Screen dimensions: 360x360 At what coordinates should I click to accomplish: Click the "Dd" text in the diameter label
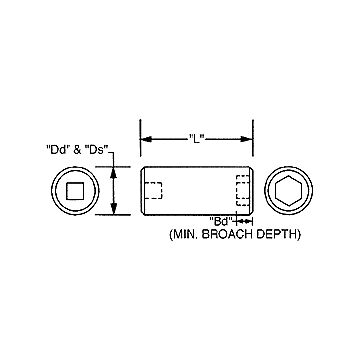58,149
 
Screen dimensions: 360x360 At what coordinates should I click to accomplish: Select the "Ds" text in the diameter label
97,149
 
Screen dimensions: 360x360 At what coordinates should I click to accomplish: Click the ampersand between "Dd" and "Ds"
77,149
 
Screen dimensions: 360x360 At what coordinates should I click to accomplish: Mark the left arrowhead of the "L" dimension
143,138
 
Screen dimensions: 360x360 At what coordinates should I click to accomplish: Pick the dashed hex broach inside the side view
241,191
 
